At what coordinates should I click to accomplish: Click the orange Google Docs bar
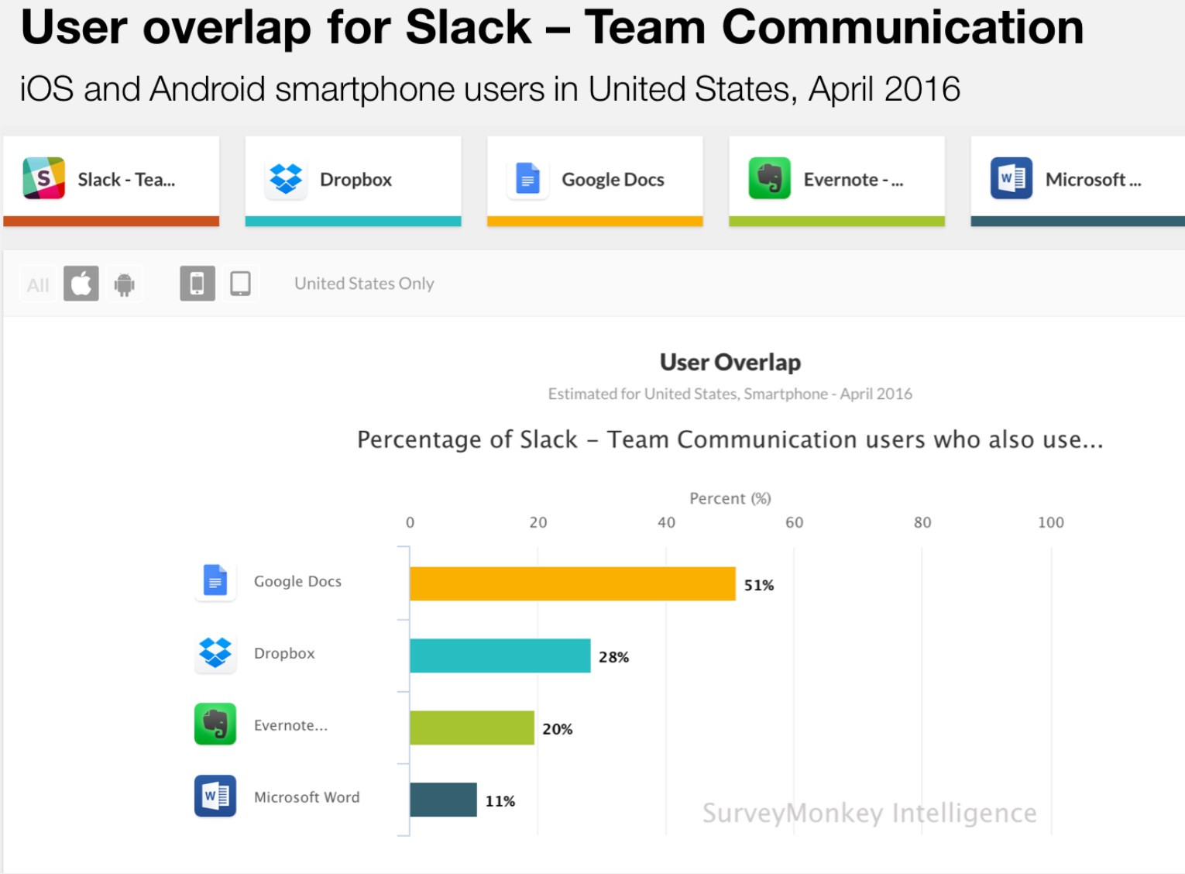pos(572,583)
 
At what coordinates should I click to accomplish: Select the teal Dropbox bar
pos(500,655)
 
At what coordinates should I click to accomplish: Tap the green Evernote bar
pos(472,728)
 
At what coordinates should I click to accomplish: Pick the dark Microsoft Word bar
pos(443,800)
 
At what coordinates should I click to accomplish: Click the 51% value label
pos(759,585)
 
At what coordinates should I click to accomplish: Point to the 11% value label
pos(500,801)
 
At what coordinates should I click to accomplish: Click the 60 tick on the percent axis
pos(794,522)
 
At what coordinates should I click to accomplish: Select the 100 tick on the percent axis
pos(1050,522)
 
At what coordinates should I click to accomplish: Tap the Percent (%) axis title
pos(730,498)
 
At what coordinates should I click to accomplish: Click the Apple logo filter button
pos(81,284)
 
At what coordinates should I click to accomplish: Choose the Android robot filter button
pos(124,284)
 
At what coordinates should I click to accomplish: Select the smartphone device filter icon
pos(197,284)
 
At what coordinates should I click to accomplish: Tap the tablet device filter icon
pos(240,284)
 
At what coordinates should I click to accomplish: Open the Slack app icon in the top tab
pos(44,178)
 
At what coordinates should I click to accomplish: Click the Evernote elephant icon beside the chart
pos(215,724)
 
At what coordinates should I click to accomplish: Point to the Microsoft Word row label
pos(307,797)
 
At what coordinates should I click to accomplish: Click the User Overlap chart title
pos(730,362)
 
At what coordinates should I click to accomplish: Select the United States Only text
pos(364,284)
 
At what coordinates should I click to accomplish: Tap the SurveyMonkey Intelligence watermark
pos(869,813)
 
